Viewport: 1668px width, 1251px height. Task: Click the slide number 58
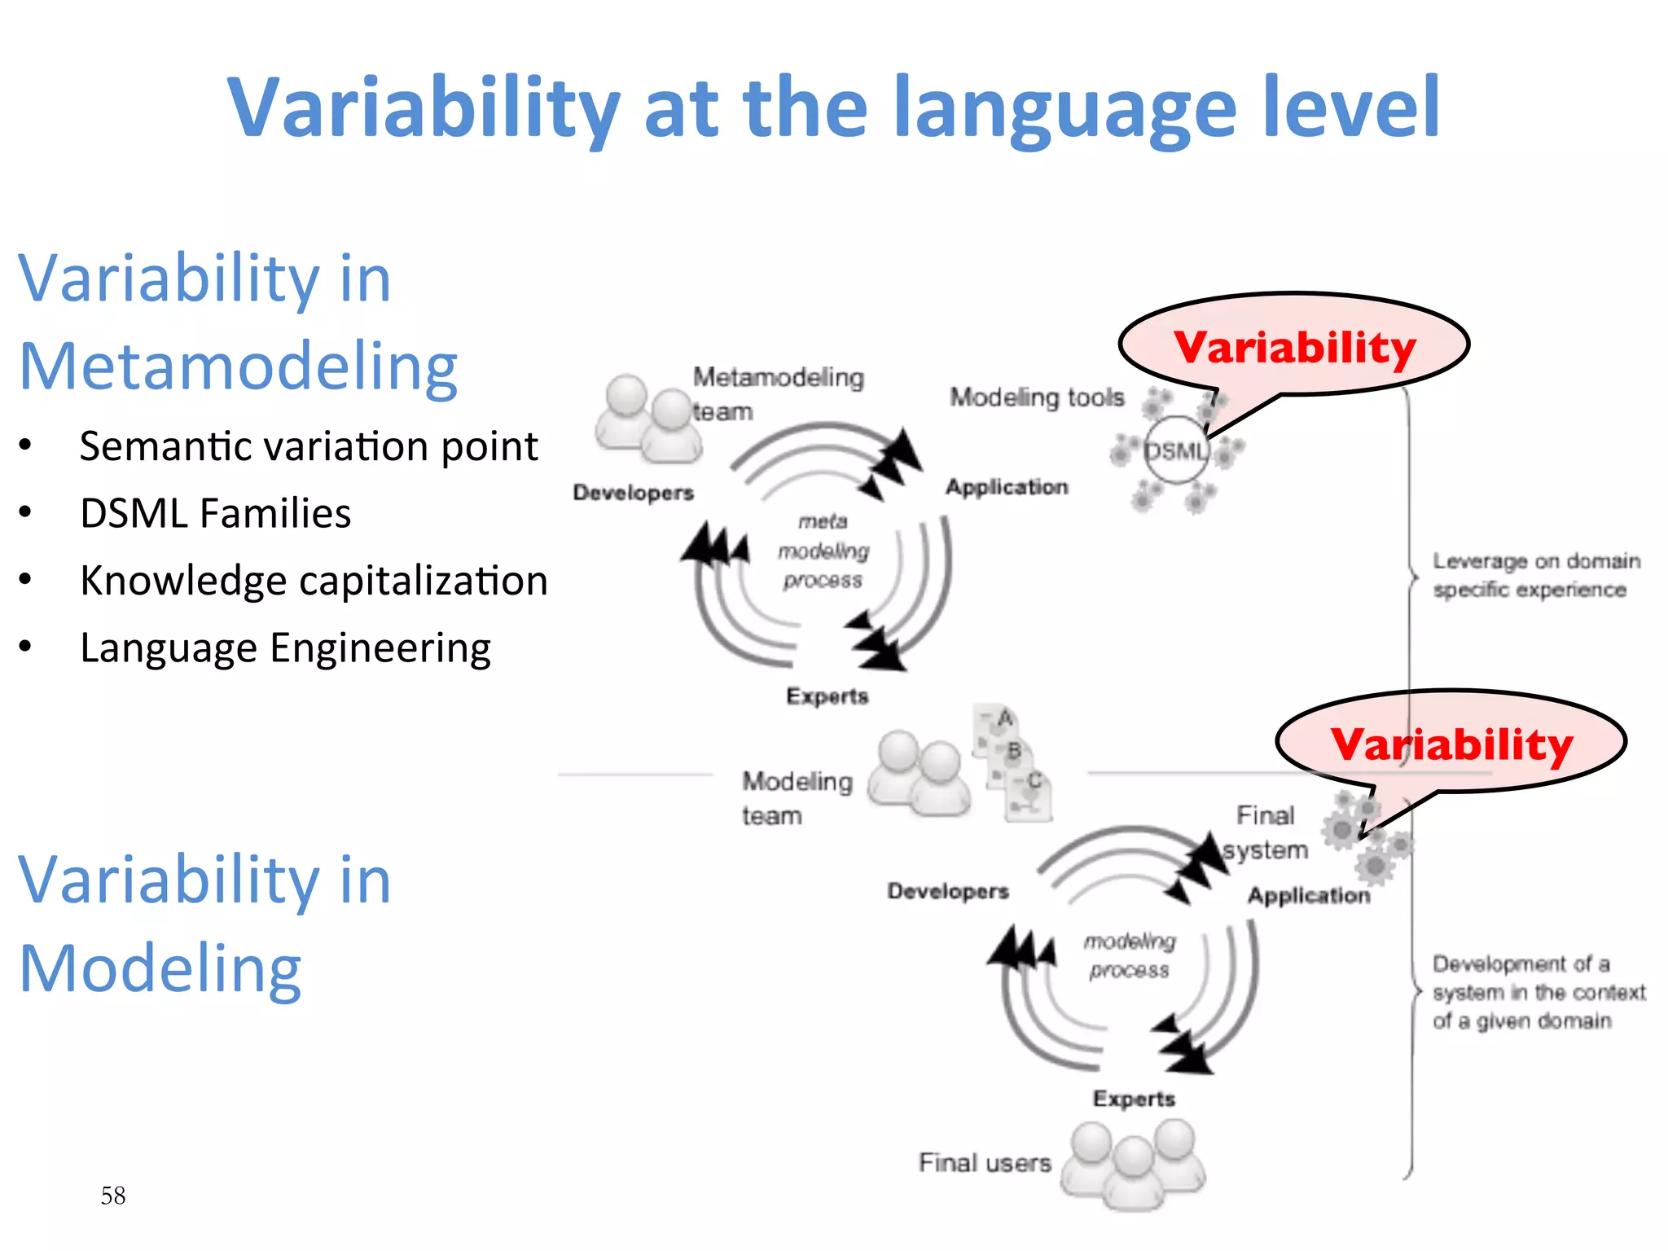113,1196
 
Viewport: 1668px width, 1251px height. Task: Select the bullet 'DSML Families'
216,514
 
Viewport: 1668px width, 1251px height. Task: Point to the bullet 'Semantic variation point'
309,447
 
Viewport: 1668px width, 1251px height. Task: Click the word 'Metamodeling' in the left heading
238,367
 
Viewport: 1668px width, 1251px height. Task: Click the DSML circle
1175,450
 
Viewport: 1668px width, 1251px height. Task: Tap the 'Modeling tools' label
1036,397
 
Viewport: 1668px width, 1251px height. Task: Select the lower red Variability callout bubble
1451,743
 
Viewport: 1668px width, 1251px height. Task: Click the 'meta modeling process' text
823,551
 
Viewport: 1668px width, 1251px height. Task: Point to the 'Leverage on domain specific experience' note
1535,575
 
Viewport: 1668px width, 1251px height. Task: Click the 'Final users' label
985,1163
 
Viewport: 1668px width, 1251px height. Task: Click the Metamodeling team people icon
647,418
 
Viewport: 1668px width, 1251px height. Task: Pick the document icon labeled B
1012,752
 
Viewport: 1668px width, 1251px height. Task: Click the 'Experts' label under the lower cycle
1134,1099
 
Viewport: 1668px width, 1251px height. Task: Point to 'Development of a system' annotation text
1538,992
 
